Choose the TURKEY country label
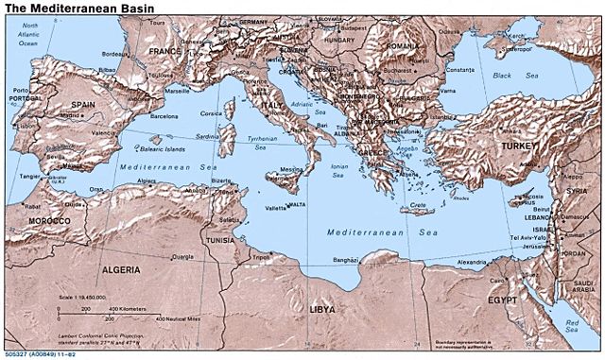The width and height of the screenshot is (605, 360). point(520,149)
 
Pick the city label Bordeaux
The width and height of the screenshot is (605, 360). point(115,54)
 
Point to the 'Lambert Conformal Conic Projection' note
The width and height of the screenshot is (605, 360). point(99,334)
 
